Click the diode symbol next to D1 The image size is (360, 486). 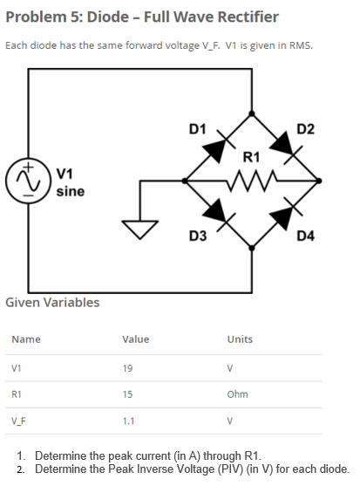(216, 147)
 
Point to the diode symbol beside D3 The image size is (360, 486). (217, 212)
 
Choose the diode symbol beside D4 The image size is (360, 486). (289, 213)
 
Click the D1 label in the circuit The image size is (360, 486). (197, 130)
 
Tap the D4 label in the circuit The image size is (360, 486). (306, 236)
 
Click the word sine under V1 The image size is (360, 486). (70, 190)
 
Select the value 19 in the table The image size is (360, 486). (128, 367)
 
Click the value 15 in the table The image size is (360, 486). (128, 394)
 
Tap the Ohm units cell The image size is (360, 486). (237, 394)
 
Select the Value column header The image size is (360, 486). (135, 339)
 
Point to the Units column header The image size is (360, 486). (240, 339)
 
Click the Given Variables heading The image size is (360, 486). (52, 303)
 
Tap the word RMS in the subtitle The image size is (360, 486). (300, 45)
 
